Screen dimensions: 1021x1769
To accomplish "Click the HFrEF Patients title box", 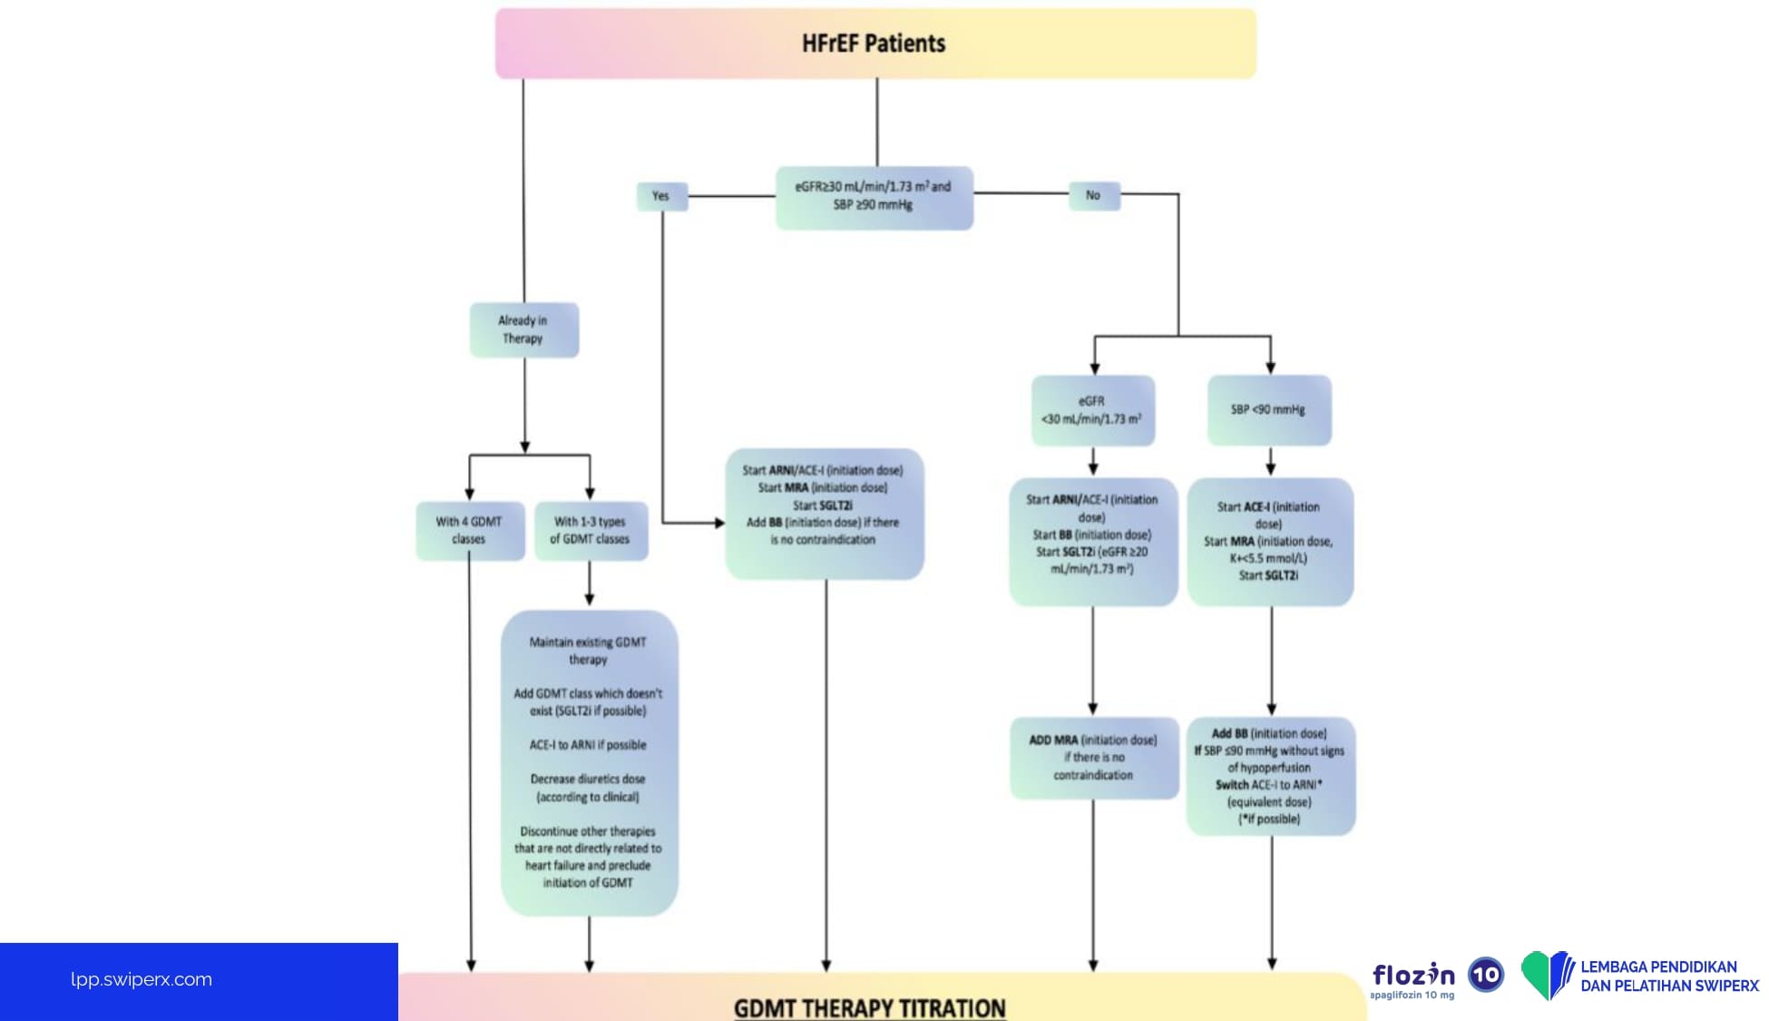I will pyautogui.click(x=875, y=44).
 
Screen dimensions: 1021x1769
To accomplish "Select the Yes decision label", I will pyautogui.click(x=661, y=196).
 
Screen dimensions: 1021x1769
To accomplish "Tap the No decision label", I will pyautogui.click(x=1093, y=195).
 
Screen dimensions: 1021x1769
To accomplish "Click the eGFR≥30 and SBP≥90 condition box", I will pyautogui.click(x=874, y=197).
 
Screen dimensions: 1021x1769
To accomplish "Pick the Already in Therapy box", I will pyautogui.click(x=523, y=329).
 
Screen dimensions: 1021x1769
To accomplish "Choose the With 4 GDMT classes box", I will pyautogui.click(x=469, y=530).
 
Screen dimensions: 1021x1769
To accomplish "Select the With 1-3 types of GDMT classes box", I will pyautogui.click(x=590, y=530).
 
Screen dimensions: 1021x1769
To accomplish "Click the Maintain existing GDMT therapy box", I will pyautogui.click(x=588, y=761).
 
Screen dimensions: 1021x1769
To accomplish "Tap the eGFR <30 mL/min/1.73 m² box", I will pyautogui.click(x=1092, y=410).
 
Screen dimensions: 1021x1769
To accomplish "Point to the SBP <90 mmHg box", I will pyautogui.click(x=1268, y=410).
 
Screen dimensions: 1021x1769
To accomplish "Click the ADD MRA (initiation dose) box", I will pyautogui.click(x=1093, y=758).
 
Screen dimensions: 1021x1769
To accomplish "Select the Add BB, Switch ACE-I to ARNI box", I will pyautogui.click(x=1270, y=776).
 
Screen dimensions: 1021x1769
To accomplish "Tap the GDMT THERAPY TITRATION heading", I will pyautogui.click(x=869, y=1007).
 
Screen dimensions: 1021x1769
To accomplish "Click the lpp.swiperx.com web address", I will pyautogui.click(x=142, y=979).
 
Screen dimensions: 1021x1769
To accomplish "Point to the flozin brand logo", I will pyautogui.click(x=1413, y=977).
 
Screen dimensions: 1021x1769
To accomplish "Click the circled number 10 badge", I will pyautogui.click(x=1486, y=975).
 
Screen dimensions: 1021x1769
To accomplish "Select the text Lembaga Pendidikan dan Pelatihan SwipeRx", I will pyautogui.click(x=1668, y=977).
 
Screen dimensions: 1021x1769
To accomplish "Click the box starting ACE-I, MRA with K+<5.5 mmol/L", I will pyautogui.click(x=1269, y=541).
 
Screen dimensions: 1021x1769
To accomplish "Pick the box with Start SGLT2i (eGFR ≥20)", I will pyautogui.click(x=1092, y=542).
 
